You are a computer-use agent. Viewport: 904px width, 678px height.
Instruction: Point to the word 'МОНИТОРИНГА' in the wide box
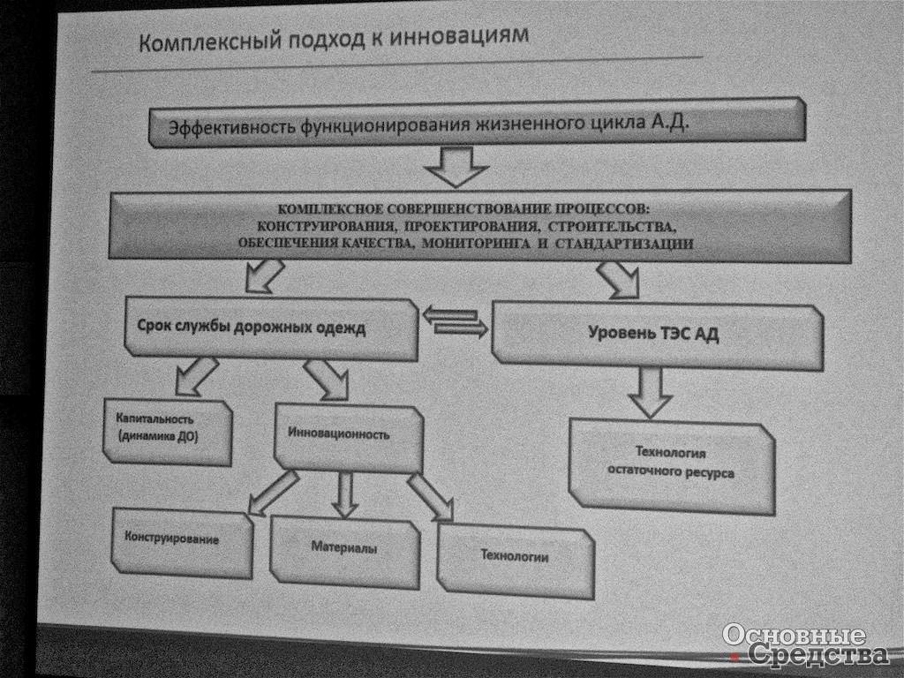coord(476,244)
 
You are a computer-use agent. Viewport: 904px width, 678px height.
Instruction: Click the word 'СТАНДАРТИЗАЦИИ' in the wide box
coord(624,244)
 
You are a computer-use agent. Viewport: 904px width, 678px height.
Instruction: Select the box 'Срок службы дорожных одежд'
coord(271,328)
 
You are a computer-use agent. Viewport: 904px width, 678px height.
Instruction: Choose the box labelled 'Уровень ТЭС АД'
coord(658,335)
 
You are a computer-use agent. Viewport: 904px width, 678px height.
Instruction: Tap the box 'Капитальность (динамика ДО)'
coord(168,431)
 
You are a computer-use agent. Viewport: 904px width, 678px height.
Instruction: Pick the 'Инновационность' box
coord(349,438)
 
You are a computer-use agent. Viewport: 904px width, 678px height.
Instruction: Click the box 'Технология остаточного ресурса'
coord(672,466)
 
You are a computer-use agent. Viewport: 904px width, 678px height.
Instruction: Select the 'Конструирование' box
coord(182,542)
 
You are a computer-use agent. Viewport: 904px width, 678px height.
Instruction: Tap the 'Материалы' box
coord(345,551)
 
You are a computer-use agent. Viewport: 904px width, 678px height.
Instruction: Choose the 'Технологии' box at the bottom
coord(516,561)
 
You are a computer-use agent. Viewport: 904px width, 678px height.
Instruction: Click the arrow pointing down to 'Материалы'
coord(345,494)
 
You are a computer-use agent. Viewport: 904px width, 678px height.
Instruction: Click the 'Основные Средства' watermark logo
coord(805,644)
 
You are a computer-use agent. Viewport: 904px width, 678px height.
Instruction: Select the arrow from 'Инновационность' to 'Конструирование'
coord(274,493)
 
